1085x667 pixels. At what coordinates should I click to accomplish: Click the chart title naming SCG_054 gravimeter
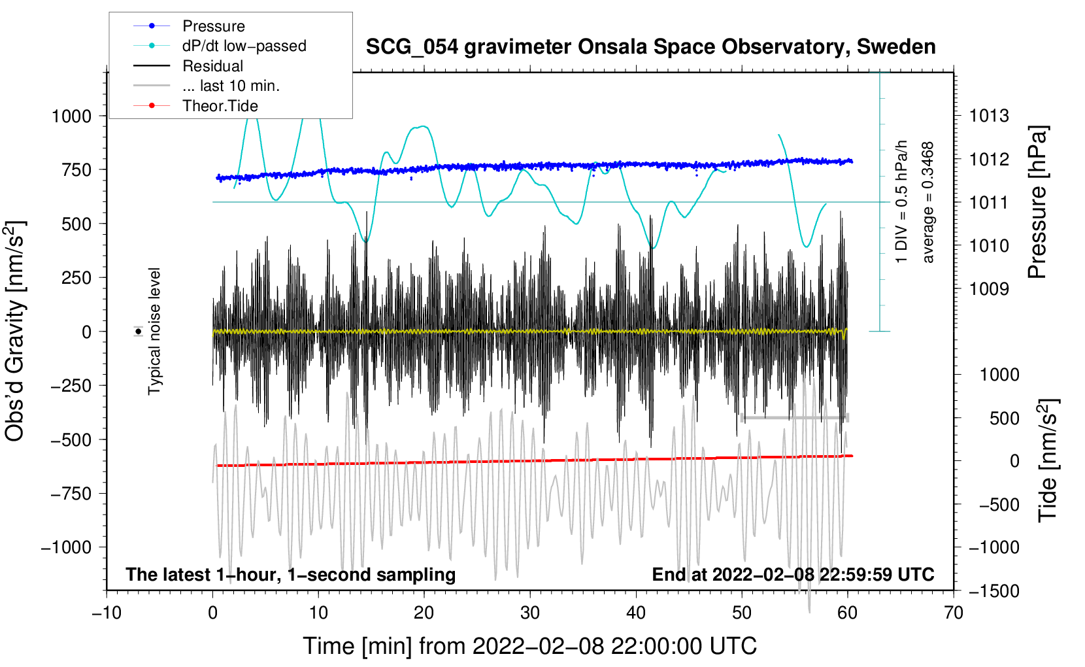pos(650,47)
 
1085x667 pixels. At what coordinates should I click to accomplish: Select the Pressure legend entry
pos(213,26)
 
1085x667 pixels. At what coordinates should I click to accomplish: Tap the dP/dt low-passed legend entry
pos(244,46)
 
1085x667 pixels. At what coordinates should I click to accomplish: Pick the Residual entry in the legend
pos(212,66)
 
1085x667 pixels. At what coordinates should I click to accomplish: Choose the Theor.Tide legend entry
pos(220,106)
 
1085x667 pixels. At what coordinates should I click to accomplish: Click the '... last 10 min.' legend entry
pos(231,86)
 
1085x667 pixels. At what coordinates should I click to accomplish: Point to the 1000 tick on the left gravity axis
pos(71,116)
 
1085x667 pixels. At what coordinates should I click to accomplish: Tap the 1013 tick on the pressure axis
pos(989,116)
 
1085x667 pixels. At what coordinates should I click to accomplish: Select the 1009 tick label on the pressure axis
pos(989,289)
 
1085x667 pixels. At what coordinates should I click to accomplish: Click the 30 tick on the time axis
pos(530,613)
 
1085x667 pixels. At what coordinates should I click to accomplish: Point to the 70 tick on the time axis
pos(954,613)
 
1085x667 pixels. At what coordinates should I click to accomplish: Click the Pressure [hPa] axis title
pos(1037,203)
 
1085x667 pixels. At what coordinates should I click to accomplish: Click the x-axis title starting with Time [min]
pos(529,646)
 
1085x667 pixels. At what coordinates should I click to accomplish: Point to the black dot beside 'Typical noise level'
pos(139,332)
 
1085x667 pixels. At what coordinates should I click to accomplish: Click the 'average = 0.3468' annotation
pos(928,203)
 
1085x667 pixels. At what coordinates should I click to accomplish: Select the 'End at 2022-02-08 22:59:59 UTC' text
pos(793,575)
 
